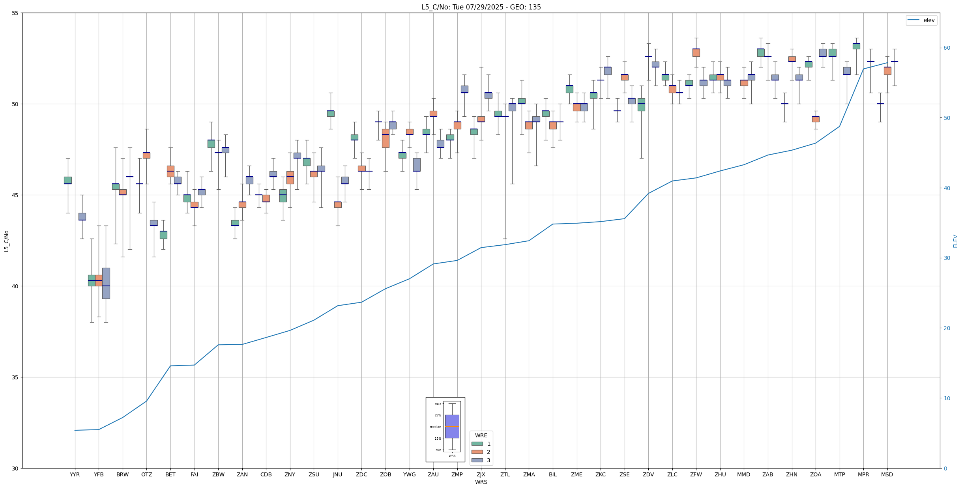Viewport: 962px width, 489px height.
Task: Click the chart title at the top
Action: pyautogui.click(x=481, y=7)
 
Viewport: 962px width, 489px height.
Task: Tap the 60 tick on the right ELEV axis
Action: pyautogui.click(x=947, y=48)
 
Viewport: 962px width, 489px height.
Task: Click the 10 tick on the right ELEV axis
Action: pyautogui.click(x=947, y=398)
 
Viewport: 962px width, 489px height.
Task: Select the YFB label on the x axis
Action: pyautogui.click(x=99, y=474)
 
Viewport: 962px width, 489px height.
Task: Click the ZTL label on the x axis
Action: pyautogui.click(x=505, y=474)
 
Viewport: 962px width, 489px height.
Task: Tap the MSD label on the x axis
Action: pyautogui.click(x=887, y=474)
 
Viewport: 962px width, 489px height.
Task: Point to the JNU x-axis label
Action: pyautogui.click(x=338, y=474)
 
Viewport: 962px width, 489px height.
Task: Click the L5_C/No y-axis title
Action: pyautogui.click(x=6, y=241)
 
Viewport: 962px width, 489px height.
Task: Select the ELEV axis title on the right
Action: pyautogui.click(x=955, y=241)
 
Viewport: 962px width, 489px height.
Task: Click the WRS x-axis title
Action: pyautogui.click(x=481, y=482)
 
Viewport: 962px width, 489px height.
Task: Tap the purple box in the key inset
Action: pyautogui.click(x=452, y=426)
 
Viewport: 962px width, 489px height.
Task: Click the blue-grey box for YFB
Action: pyautogui.click(x=106, y=283)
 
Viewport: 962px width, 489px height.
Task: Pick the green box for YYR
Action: pyautogui.click(x=68, y=180)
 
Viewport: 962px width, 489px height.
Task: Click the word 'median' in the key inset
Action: pyautogui.click(x=436, y=427)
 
